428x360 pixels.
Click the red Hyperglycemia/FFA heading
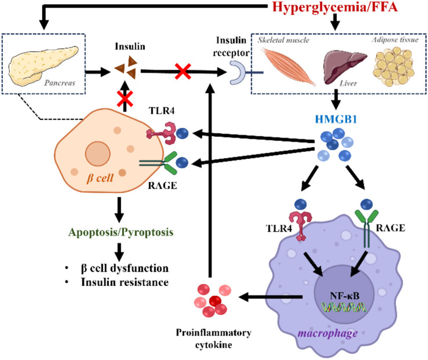[x=335, y=7]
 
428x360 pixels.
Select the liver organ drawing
[x=345, y=67]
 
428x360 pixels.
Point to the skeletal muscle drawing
[x=289, y=66]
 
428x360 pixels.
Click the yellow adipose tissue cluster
[x=394, y=67]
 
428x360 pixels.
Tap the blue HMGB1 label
[x=336, y=119]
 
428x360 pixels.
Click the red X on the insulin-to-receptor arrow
[x=183, y=71]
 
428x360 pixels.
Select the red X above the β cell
[x=125, y=99]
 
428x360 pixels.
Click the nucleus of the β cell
[x=97, y=154]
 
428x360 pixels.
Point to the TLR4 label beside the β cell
[x=162, y=111]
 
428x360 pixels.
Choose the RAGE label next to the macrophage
[x=391, y=228]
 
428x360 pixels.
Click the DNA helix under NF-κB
[x=343, y=308]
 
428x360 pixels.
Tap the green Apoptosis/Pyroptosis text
[x=121, y=232]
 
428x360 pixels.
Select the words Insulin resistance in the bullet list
[x=125, y=282]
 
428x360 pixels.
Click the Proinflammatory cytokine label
[x=213, y=339]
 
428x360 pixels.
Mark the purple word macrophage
[x=328, y=333]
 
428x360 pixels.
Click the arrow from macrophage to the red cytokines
[x=270, y=297]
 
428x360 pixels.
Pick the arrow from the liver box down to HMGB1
[x=336, y=99]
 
